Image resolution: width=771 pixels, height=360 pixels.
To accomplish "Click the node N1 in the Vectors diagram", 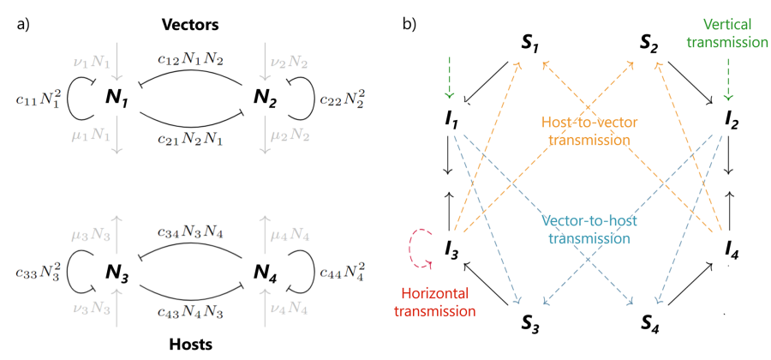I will pos(117,99).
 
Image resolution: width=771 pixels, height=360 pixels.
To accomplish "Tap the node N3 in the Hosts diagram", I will pos(117,273).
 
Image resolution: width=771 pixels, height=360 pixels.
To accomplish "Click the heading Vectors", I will pos(192,24).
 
